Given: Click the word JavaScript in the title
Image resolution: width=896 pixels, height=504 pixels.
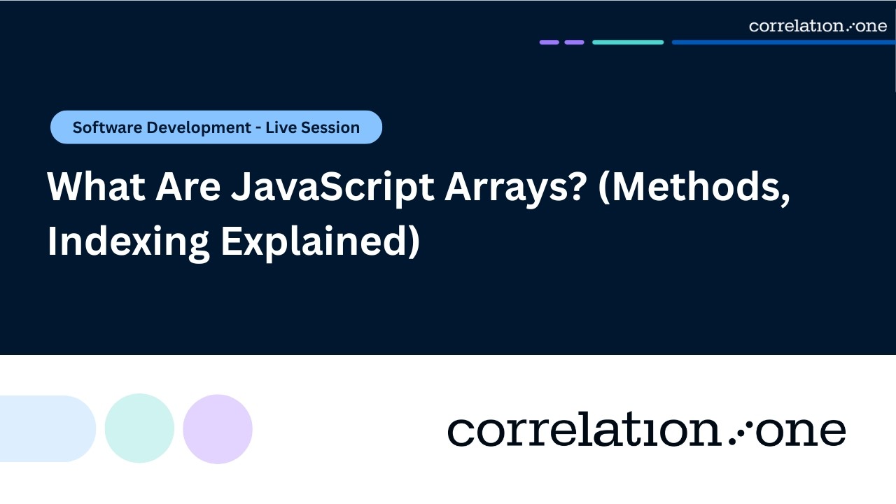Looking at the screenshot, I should coord(332,188).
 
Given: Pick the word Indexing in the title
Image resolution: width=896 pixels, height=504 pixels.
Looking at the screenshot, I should coord(128,241).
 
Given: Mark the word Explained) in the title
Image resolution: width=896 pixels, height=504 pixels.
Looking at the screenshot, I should coord(320,241).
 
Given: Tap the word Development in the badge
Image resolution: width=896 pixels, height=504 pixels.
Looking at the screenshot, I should coord(203,127).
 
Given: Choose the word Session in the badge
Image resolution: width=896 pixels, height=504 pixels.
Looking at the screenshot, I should coord(332,127).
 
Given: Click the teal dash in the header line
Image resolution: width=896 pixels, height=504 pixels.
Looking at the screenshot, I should coord(628,42).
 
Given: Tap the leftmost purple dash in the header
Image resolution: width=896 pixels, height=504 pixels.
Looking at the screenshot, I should coord(549,42).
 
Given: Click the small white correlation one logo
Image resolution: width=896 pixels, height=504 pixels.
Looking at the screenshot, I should coord(818,26).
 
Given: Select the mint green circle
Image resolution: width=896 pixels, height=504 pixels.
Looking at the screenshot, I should coord(139,428).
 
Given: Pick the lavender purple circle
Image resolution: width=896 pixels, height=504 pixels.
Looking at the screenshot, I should coord(218,428).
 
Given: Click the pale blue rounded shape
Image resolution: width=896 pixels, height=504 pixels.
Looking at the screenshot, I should coord(46,428).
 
